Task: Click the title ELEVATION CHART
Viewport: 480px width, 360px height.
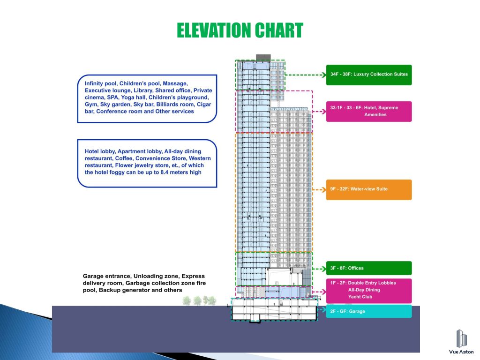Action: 240,31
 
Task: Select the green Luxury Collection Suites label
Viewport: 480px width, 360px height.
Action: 368,75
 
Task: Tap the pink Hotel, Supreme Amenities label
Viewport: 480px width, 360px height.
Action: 368,112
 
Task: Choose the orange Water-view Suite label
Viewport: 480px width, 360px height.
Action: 368,189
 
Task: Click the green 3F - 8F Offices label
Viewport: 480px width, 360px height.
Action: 368,268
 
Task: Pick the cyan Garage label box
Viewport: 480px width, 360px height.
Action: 368,311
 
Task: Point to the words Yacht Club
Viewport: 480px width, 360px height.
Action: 360,297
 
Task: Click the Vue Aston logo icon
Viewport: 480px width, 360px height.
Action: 461,338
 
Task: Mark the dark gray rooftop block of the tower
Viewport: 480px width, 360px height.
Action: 263,57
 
